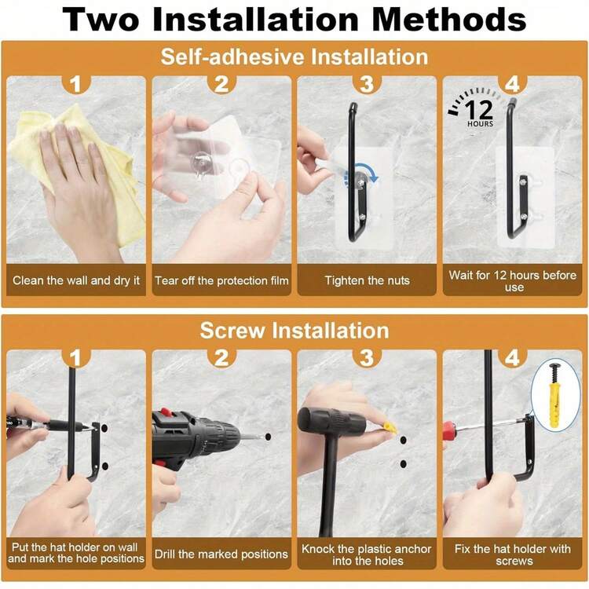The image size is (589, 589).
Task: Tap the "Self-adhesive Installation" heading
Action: pyautogui.click(x=294, y=57)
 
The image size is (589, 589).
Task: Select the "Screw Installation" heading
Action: pyautogui.click(x=294, y=331)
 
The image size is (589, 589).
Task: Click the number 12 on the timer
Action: pyautogui.click(x=479, y=110)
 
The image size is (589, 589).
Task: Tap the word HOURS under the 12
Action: pyautogui.click(x=480, y=123)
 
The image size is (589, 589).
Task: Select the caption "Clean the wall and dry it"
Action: pyautogui.click(x=76, y=280)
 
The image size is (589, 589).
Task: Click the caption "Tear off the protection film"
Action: pyautogui.click(x=221, y=280)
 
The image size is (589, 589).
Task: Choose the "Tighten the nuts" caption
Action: pyautogui.click(x=367, y=280)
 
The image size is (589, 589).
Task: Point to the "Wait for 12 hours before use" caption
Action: pyautogui.click(x=512, y=281)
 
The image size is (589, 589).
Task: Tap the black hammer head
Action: pyautogui.click(x=331, y=421)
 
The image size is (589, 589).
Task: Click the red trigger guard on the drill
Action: pyautogui.click(x=165, y=412)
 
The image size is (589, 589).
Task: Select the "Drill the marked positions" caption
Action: pyautogui.click(x=221, y=554)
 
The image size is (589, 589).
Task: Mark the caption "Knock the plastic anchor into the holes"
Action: pyautogui.click(x=367, y=554)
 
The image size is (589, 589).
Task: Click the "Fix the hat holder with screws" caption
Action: pyautogui.click(x=512, y=554)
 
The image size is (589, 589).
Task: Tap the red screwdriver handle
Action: pyautogui.click(x=450, y=430)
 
